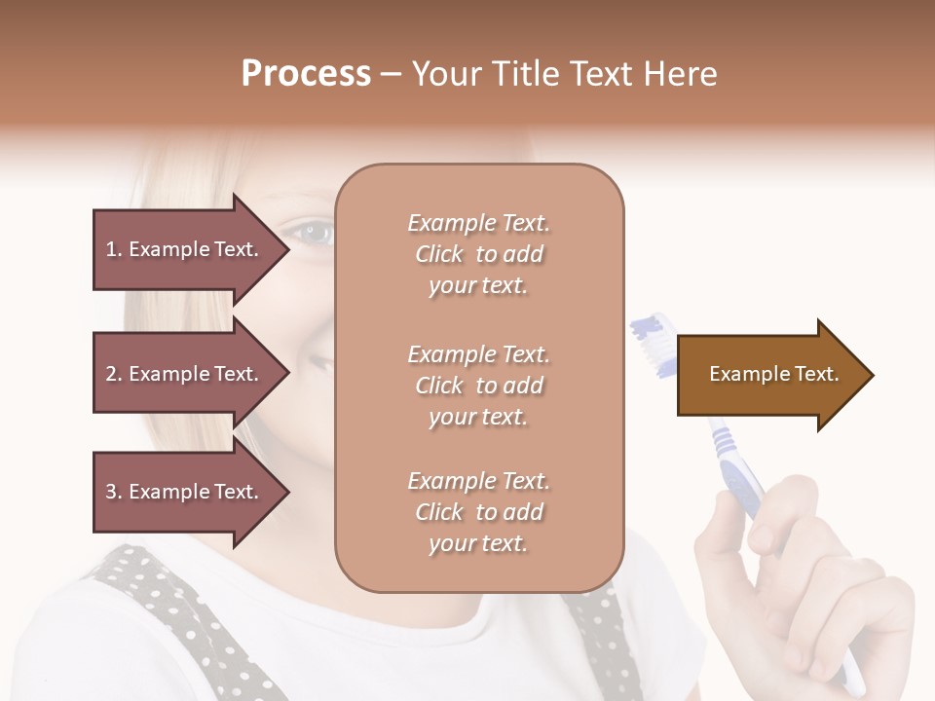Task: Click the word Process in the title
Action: pos(306,74)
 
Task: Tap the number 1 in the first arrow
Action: pos(111,249)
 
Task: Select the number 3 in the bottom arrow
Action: pos(111,492)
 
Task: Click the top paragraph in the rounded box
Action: pos(478,254)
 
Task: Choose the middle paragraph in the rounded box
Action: pos(478,386)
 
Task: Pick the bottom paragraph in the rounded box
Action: pos(478,512)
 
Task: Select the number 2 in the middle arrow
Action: pos(111,374)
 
